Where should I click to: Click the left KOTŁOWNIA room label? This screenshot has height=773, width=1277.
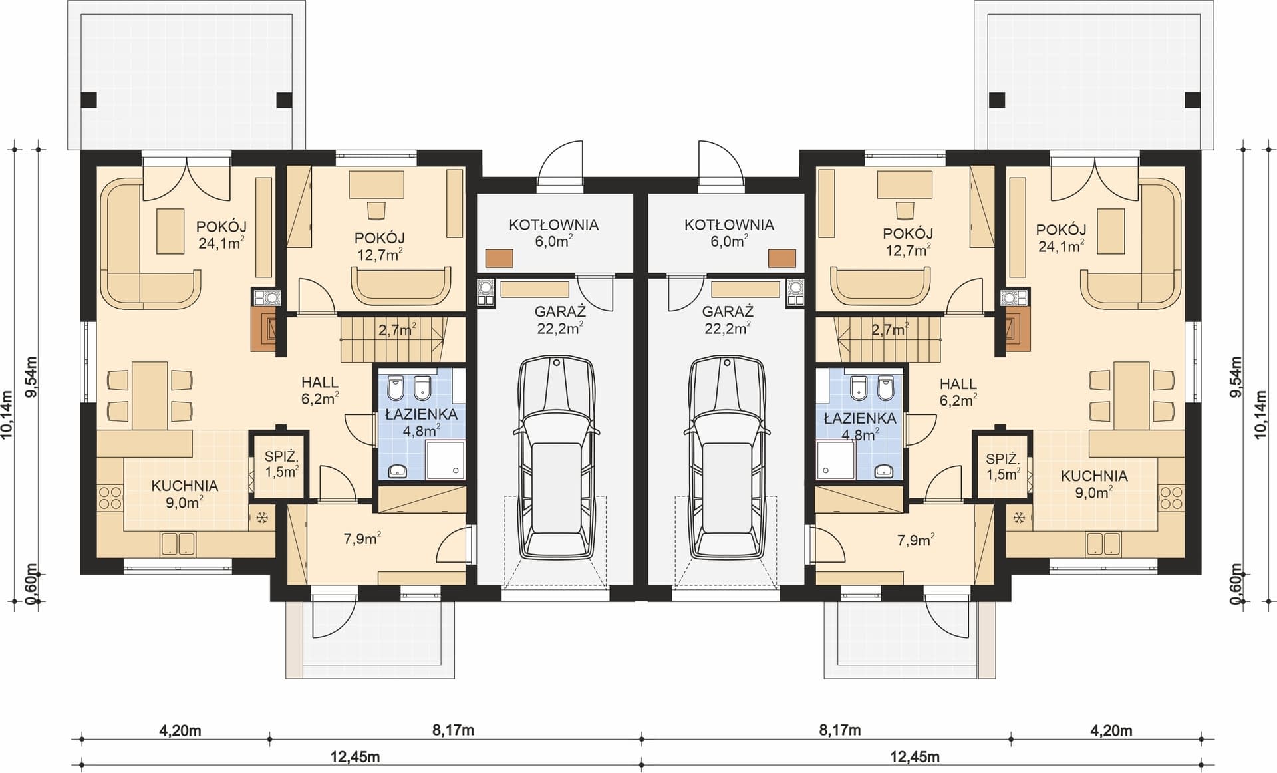click(x=553, y=225)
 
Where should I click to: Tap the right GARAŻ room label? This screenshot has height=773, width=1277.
click(x=728, y=311)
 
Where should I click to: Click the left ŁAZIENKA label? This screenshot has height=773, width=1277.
click(x=421, y=414)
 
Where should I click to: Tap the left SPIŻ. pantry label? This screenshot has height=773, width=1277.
click(x=281, y=457)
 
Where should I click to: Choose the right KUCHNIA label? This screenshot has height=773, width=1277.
click(x=1094, y=476)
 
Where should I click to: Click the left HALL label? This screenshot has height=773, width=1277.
click(x=320, y=383)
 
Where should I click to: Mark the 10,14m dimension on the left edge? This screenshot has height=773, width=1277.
click(x=8, y=412)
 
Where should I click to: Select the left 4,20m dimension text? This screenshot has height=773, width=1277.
click(x=180, y=731)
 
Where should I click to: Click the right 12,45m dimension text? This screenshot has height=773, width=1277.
click(x=915, y=757)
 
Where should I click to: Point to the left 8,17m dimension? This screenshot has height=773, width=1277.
click(x=453, y=731)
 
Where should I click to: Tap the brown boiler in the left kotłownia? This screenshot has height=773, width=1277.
click(x=499, y=258)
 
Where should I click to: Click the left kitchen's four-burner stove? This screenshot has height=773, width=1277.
click(x=110, y=498)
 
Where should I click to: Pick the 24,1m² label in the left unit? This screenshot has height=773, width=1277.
click(x=221, y=243)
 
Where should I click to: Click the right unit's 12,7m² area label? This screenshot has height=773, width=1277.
click(x=908, y=251)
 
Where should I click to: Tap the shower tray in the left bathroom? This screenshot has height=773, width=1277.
click(x=446, y=459)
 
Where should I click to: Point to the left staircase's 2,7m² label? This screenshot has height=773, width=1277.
click(x=397, y=329)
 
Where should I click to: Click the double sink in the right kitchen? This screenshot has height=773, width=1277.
click(x=1104, y=544)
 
